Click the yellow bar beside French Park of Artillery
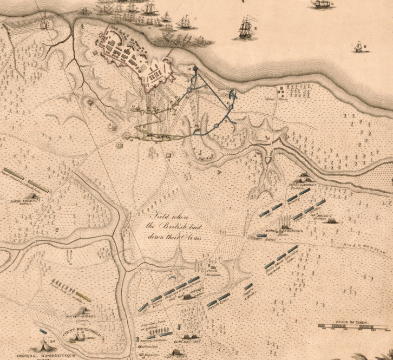point(83,296)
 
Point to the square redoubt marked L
point(89,101)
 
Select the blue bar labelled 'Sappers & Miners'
point(248,286)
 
